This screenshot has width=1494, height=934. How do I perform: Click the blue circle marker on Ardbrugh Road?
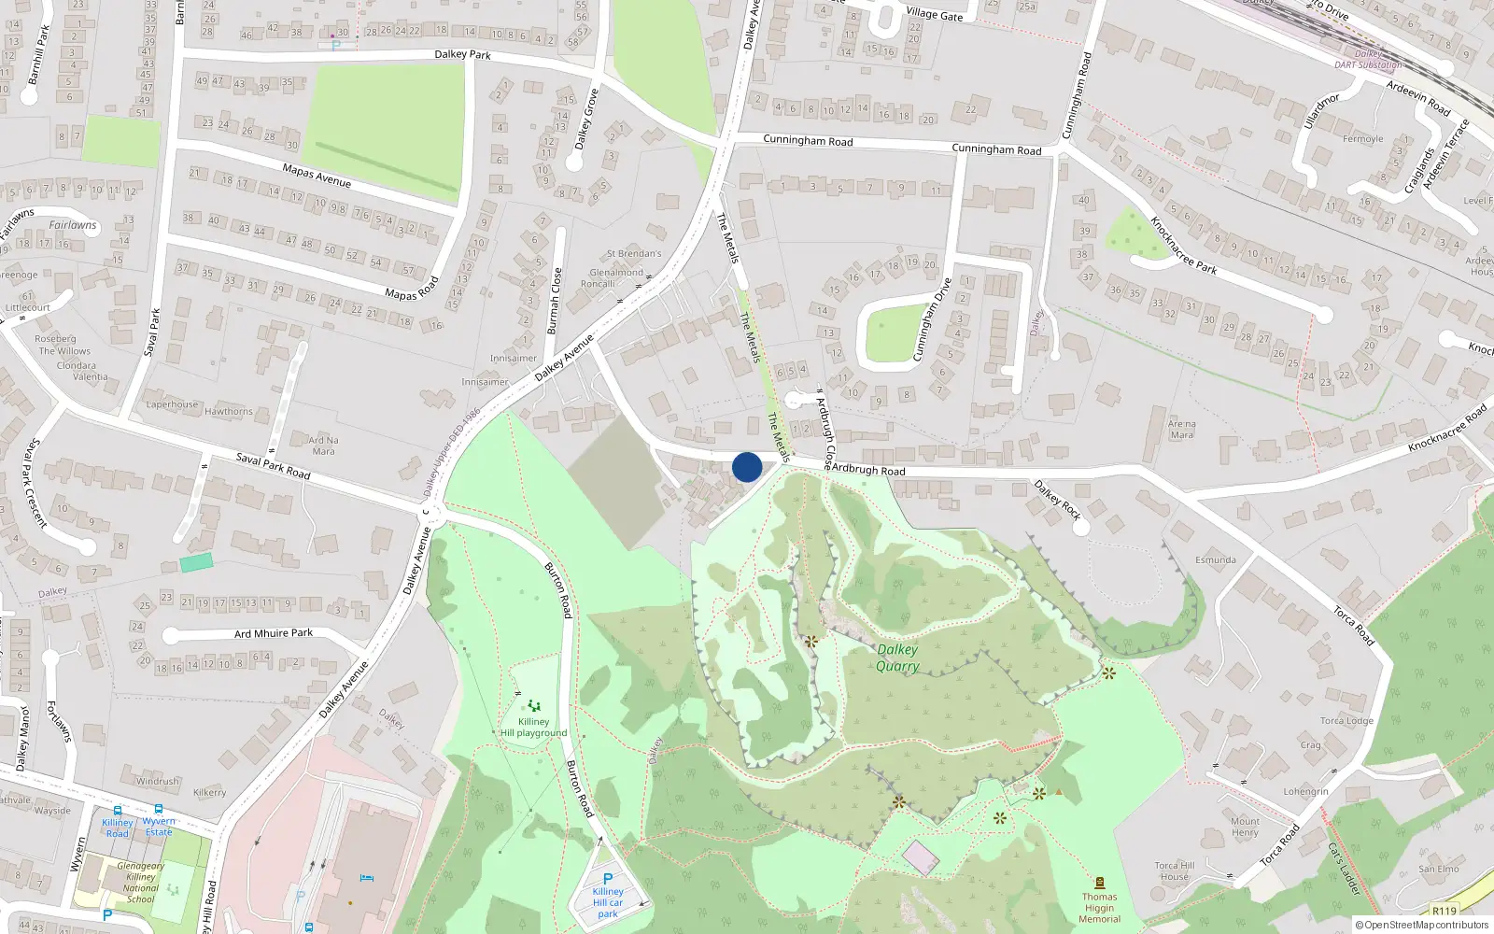[x=747, y=467]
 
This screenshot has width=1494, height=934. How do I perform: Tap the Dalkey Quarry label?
[x=897, y=658]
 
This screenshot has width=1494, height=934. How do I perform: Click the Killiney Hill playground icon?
[x=533, y=706]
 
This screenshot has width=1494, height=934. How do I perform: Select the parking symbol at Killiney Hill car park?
[x=608, y=879]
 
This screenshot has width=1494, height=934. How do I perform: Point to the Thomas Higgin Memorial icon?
[x=1099, y=883]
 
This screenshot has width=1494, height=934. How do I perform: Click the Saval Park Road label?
[x=273, y=465]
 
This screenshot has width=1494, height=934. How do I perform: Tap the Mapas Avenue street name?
[x=317, y=175]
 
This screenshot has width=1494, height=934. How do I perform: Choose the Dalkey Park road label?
[x=462, y=55]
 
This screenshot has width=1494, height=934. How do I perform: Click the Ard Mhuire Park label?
[x=274, y=633]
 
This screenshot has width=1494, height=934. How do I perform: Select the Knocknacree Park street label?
[x=1183, y=246]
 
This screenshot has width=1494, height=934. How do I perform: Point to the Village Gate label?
[x=934, y=14]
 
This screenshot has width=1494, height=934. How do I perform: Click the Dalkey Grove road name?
[x=585, y=120]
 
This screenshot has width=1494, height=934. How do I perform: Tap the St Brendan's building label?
[x=634, y=253]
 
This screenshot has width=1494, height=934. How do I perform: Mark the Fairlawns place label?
[x=73, y=225]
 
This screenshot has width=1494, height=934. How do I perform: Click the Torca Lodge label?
[x=1346, y=721]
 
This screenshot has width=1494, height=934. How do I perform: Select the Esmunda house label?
[x=1216, y=560]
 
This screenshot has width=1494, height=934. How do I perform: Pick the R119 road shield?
[x=1444, y=911]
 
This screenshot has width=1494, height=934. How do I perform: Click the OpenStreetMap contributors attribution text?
[x=1422, y=925]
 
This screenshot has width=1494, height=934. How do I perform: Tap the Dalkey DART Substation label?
[x=1368, y=60]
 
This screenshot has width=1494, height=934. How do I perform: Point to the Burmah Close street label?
[x=555, y=301]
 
